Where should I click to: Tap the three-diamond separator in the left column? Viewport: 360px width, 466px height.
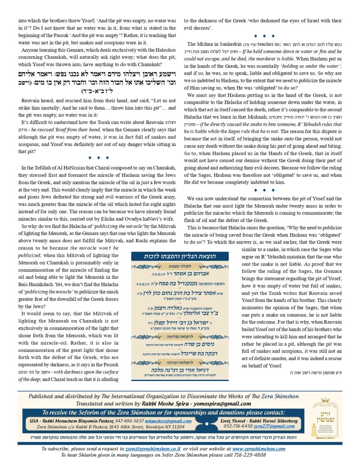pos(99,158)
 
